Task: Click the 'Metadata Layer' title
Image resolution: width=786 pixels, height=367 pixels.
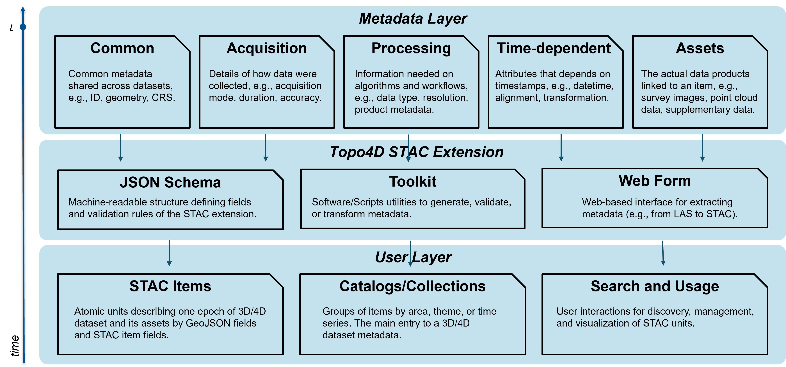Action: pos(413,19)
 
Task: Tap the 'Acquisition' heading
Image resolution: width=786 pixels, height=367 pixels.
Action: pos(266,48)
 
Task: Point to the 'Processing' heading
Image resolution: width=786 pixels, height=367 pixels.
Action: pos(411,48)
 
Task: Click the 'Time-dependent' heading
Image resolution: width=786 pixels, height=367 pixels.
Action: pos(554,48)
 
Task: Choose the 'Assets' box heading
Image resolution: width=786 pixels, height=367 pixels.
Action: pos(700,48)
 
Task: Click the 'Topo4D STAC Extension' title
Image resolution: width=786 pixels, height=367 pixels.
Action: pos(417,152)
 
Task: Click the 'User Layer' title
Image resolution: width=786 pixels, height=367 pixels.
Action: pos(413,257)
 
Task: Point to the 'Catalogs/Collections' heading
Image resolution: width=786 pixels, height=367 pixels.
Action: pos(413,286)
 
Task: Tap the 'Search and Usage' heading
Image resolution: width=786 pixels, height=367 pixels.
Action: pos(655,286)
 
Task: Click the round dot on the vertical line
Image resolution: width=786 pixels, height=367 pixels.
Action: pos(23,27)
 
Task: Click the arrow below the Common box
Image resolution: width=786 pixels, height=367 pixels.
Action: pos(120,148)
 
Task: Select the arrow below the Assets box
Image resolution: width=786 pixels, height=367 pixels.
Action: pos(702,148)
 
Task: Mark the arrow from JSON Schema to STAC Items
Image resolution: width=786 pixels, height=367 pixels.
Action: pos(169,253)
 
